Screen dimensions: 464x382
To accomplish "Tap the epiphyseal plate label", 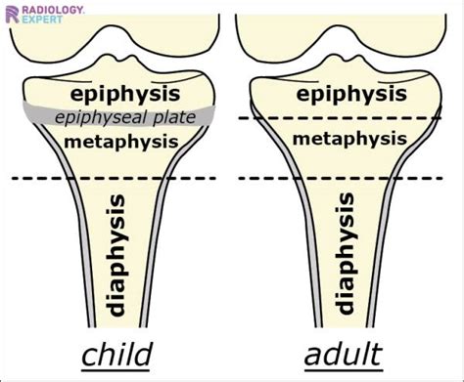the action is [125, 118].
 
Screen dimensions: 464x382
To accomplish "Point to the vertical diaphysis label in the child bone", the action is [116, 253].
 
